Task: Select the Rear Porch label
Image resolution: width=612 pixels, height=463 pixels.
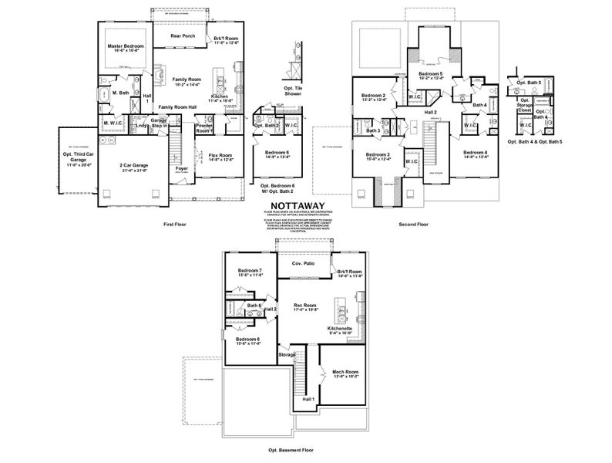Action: pos(182,35)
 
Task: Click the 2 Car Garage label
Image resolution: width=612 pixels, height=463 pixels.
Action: pos(133,166)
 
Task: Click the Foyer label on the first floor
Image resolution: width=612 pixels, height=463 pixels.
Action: pos(181,167)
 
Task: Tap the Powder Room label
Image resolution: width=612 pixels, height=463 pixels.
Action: pos(204,128)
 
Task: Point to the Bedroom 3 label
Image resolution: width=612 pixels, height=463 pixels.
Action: pos(378,154)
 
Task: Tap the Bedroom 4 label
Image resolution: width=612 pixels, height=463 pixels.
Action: pos(476,154)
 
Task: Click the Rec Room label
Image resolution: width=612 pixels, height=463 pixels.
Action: pos(305,306)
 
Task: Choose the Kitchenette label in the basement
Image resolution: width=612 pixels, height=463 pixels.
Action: pos(338,329)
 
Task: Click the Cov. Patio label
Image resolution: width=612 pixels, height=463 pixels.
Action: pos(303,263)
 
